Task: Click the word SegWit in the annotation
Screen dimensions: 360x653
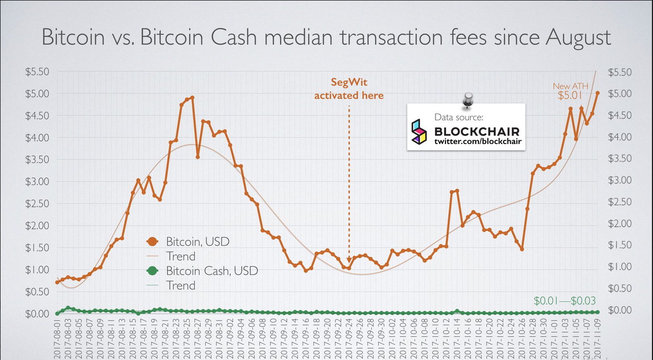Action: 349,82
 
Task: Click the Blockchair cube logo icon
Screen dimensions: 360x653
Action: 419,131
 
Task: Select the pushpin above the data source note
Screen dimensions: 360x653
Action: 467,100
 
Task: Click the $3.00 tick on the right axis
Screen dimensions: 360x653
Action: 619,181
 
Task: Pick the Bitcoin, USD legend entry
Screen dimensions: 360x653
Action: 197,241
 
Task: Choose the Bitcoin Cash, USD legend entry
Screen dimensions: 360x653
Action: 212,271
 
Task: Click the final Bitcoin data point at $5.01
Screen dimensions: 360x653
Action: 597,93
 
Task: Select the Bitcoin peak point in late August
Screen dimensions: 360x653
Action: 192,97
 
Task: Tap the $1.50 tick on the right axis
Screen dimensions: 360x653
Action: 619,245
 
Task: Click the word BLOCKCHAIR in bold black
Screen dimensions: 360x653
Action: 477,131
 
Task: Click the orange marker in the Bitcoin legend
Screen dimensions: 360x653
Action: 153,241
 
